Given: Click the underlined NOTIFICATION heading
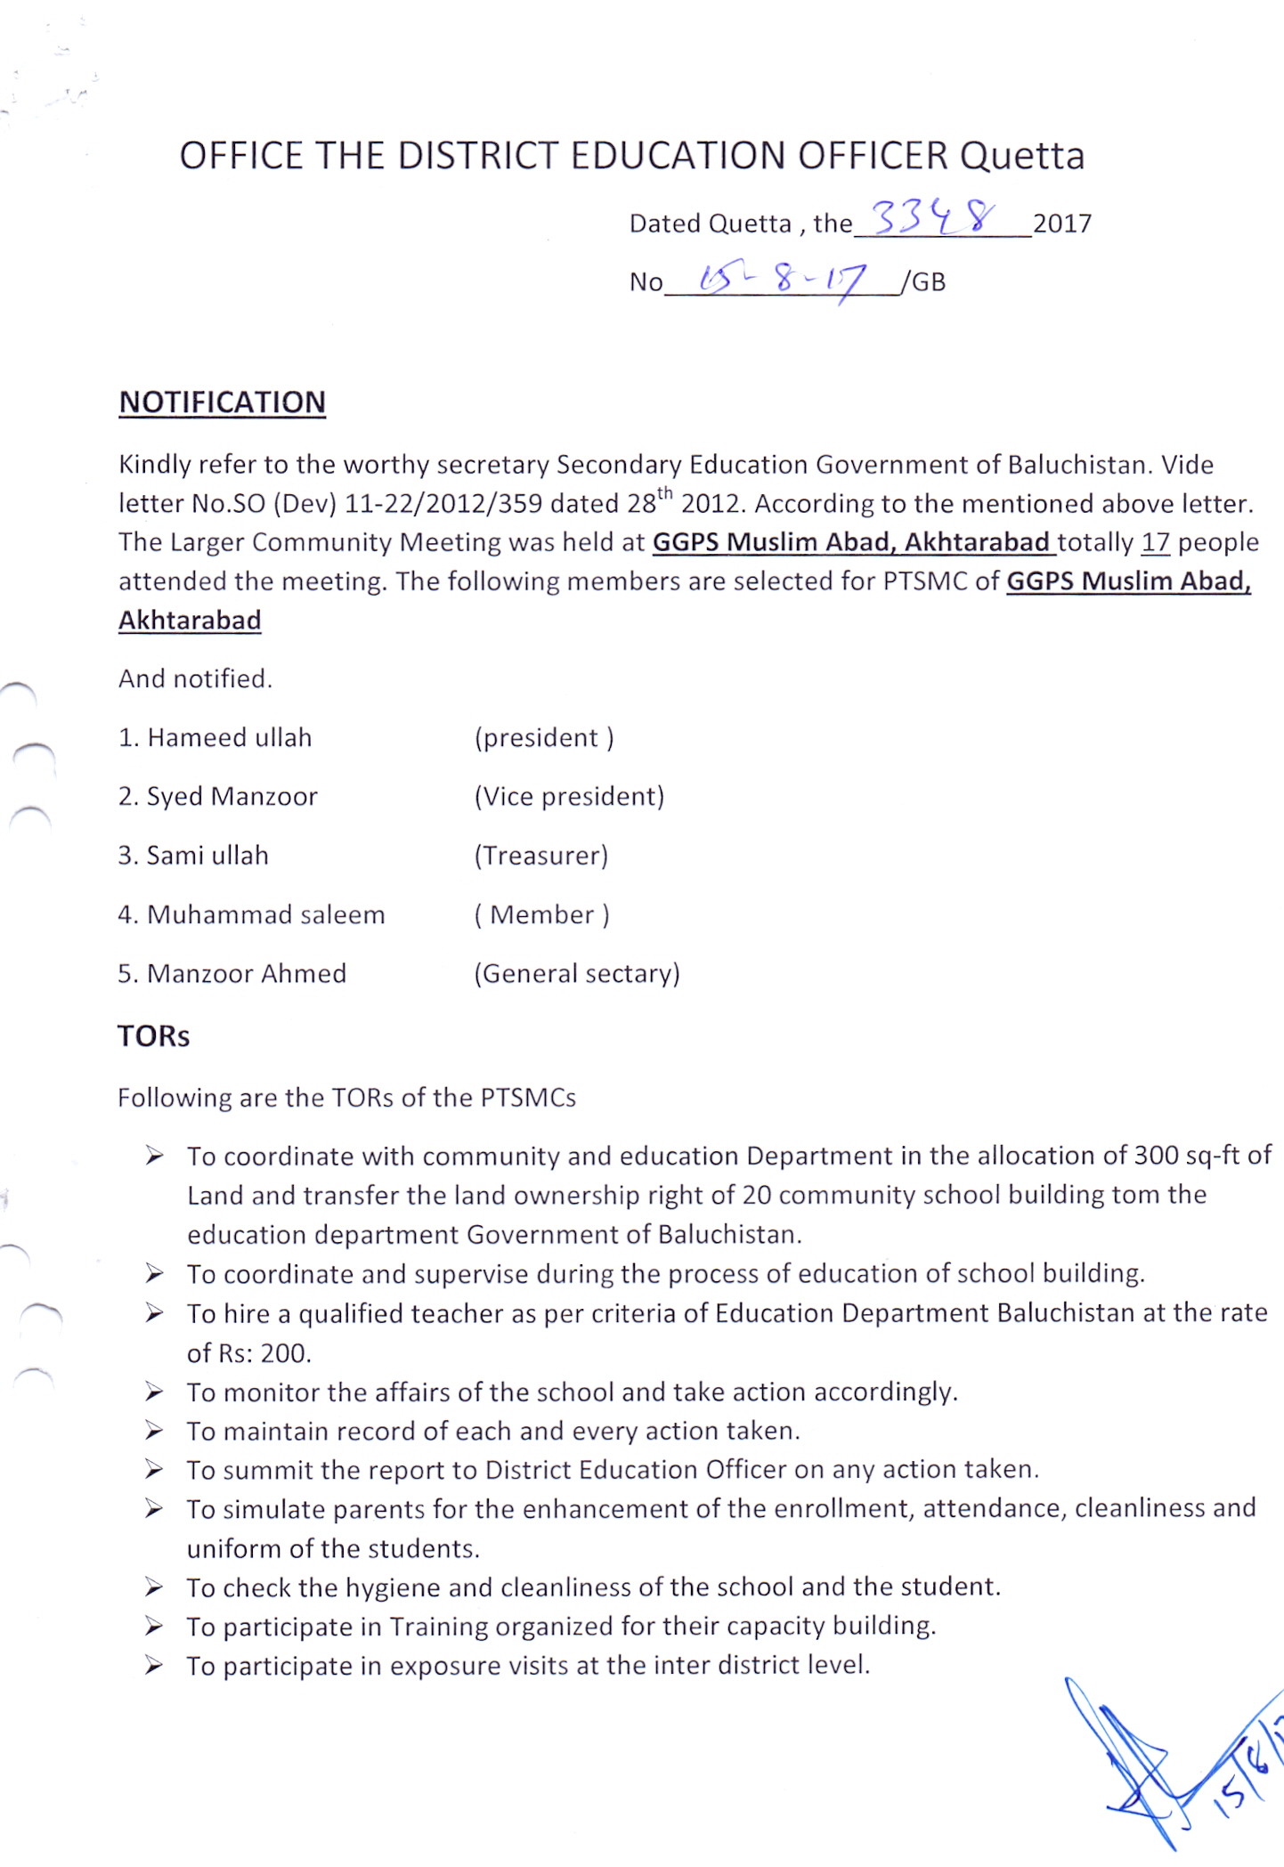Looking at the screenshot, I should pos(223,402).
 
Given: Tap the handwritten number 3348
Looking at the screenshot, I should pos(932,217).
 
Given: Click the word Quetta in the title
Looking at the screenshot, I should pos(1021,156).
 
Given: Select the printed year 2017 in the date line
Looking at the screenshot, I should pos(1061,223).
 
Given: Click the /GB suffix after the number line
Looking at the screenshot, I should pos(923,282).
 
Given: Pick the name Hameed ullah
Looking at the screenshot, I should pos(229,738).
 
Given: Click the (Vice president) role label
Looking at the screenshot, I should pos(569,797).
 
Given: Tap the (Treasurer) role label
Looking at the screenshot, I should pos(541,856).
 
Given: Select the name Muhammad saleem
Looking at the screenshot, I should pos(265,915).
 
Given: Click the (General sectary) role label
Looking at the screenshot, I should pos(576,974).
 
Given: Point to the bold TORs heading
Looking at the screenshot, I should pos(153,1036).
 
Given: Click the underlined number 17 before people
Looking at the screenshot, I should pos(1155,542).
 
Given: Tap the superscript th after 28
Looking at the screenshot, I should pos(664,493).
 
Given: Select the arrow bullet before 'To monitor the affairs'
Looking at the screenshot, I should pos(155,1392).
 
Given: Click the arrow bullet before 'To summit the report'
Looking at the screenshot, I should pos(155,1470).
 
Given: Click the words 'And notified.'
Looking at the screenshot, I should pos(195,679).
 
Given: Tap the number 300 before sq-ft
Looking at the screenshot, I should pos(1156,1156).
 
